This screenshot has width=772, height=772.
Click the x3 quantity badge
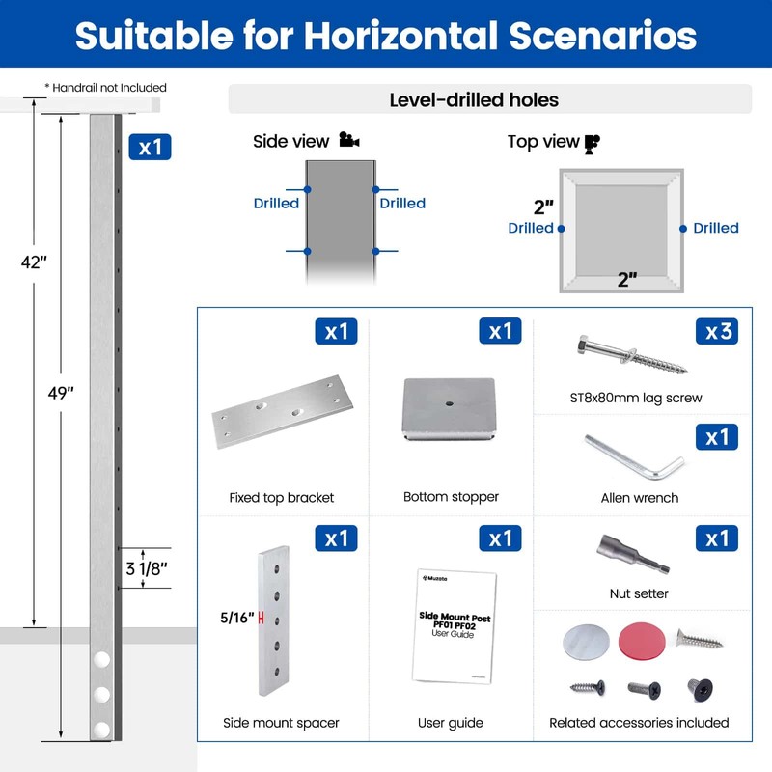point(716,331)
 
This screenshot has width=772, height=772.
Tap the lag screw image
point(632,354)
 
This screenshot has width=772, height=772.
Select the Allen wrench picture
point(634,456)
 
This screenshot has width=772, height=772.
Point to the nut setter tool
point(633,554)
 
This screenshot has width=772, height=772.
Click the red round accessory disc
point(642,642)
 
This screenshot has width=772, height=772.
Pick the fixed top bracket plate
point(283,411)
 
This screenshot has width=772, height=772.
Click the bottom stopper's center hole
point(449,403)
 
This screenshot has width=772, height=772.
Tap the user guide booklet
point(454,626)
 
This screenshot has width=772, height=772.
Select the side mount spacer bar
point(274,620)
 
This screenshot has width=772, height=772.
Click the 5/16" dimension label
point(236,618)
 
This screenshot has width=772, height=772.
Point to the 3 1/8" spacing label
point(147,568)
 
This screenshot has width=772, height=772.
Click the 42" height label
point(34,262)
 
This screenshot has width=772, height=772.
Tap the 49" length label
point(61,393)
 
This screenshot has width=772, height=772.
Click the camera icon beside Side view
point(349,140)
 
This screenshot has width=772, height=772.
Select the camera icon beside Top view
point(593,144)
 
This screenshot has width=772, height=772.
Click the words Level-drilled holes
point(474,100)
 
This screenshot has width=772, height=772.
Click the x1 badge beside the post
point(150,147)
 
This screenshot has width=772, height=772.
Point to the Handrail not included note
point(106,88)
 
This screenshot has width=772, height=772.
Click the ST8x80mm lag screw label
point(636,398)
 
